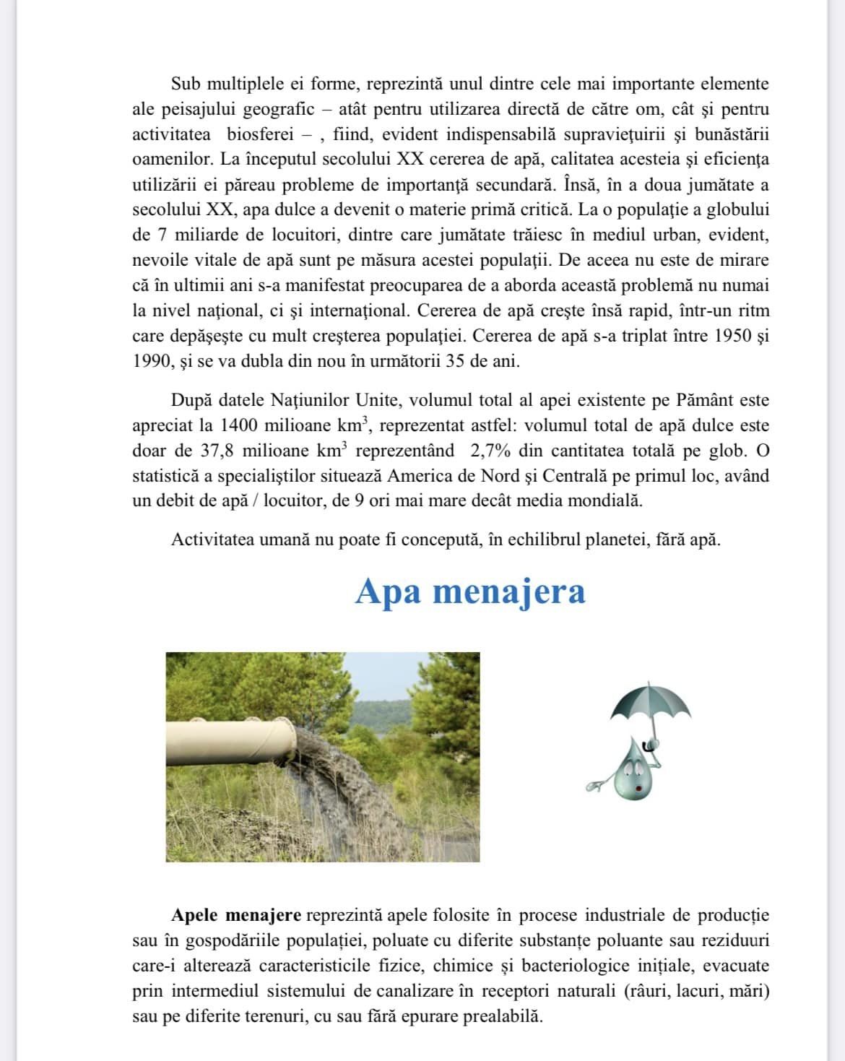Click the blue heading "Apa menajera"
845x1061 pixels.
point(470,592)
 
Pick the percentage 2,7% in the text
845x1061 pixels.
point(490,451)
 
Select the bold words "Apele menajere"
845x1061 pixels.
point(235,915)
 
